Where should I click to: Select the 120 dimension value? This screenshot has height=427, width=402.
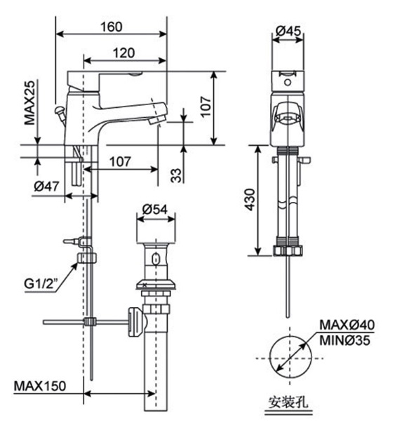coord(124,53)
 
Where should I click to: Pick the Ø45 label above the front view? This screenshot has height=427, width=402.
coord(288,31)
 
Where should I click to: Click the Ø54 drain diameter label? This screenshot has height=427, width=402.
coord(153,209)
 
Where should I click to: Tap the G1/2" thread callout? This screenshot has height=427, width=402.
coord(41,285)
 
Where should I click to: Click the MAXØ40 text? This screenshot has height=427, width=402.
coord(347,325)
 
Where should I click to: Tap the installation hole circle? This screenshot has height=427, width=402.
coord(288,356)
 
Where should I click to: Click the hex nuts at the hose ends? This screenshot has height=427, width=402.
coord(288,248)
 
